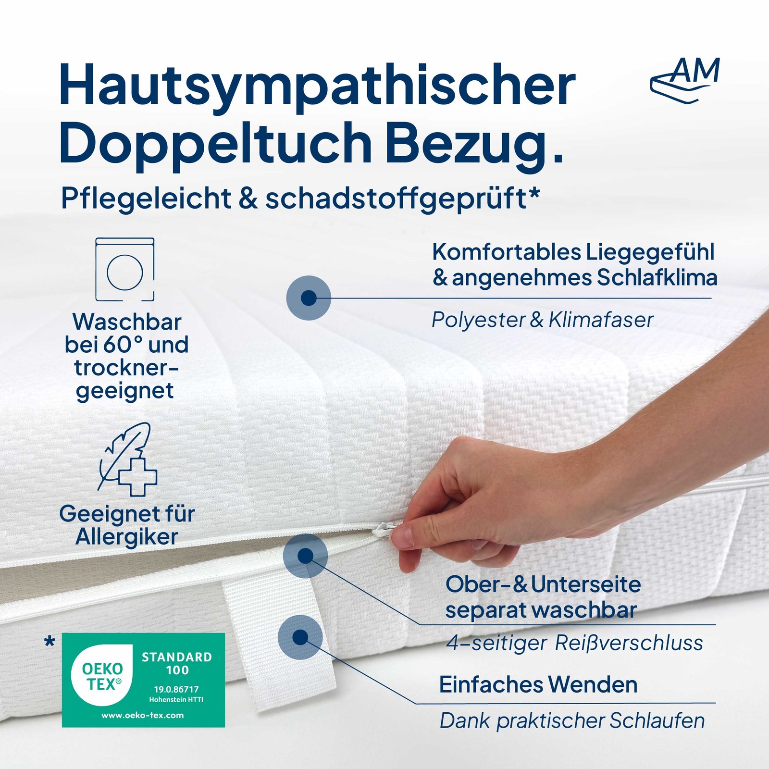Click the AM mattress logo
coord(685,79)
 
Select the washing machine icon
coord(125,270)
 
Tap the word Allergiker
coord(127,537)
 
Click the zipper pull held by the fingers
coord(384,532)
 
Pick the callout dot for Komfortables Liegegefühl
coord(309,298)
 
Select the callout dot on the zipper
coord(305,556)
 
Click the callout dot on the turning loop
coord(300,637)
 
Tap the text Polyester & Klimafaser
coord(543,320)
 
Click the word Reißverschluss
coord(629,643)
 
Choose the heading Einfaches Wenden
coord(538,684)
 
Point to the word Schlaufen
coord(657,721)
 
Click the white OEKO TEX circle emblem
coord(102,675)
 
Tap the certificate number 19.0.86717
coord(176,689)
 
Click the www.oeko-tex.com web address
coord(142,715)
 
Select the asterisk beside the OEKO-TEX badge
coord(50,641)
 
